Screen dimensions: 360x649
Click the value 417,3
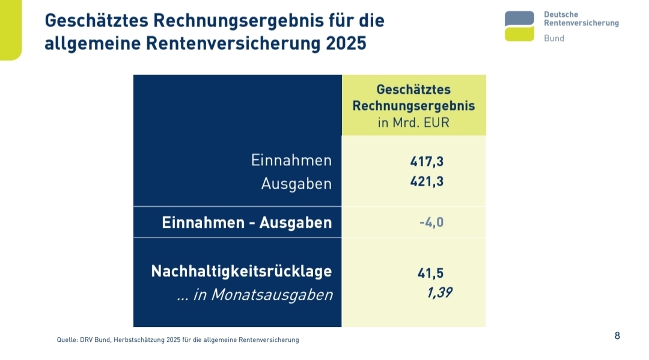point(427,161)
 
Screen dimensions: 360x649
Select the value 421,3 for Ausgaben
point(427,181)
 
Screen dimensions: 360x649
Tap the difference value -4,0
point(431,222)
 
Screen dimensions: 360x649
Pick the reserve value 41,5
point(430,273)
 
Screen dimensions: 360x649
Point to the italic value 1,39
point(439,293)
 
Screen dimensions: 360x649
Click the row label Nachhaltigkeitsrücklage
point(241,271)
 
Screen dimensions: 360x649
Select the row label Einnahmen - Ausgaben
point(246,222)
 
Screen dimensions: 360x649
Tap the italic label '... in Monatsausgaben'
point(255,294)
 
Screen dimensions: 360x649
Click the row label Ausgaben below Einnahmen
point(296,184)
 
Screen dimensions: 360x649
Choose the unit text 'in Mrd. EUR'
point(413,123)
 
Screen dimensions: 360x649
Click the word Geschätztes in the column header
point(413,90)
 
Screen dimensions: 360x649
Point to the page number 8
point(617,335)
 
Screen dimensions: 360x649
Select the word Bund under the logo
point(553,38)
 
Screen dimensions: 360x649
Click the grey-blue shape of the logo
point(519,18)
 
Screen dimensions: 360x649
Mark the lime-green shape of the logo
point(519,34)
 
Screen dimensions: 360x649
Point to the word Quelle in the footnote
point(67,340)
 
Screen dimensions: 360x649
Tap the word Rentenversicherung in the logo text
point(580,23)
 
